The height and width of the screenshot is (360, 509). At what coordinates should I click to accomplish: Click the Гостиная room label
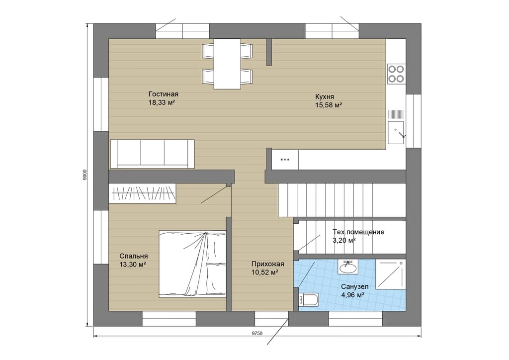click(163, 94)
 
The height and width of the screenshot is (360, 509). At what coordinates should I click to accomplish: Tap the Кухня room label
click(324, 97)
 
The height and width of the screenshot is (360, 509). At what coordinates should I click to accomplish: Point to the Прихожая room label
click(268, 264)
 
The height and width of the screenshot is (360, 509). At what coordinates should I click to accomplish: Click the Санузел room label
click(354, 286)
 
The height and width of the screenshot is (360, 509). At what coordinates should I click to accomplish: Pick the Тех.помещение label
click(358, 232)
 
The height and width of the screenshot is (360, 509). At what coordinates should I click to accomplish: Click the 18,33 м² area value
click(162, 102)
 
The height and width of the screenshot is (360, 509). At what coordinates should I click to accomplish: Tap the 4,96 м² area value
click(352, 295)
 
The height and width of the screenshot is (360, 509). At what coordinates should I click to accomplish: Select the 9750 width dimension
click(257, 333)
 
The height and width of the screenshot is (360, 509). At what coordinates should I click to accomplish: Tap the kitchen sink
click(396, 132)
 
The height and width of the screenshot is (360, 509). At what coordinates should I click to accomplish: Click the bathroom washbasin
click(347, 267)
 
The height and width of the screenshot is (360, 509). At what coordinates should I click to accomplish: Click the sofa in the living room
click(152, 154)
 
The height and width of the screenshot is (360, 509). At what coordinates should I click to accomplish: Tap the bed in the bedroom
click(192, 264)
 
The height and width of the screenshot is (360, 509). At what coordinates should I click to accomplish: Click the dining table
click(227, 64)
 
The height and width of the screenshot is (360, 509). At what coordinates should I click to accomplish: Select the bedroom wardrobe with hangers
click(142, 193)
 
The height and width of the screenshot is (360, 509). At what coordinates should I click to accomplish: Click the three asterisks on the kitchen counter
click(285, 160)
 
